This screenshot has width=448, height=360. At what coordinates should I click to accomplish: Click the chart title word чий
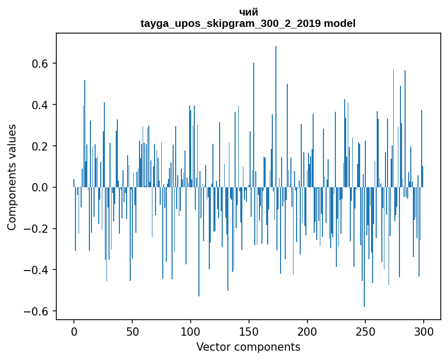pos(249,12)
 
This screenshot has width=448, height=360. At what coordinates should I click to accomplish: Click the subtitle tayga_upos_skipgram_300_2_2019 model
pos(248,23)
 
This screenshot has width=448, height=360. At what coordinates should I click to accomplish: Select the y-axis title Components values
pos(12,177)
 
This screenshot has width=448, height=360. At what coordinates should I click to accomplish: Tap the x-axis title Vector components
pos(248,347)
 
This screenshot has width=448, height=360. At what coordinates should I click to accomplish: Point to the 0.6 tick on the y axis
pos(40,64)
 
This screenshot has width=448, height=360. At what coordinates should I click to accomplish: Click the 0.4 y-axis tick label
pos(40,105)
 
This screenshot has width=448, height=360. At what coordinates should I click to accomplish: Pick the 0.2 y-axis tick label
pos(40,146)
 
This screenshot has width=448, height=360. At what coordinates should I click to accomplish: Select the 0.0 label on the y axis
pos(40,187)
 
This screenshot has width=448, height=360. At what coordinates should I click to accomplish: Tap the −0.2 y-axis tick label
pos(37,229)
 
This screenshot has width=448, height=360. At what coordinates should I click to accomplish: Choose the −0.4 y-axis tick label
pos(37,270)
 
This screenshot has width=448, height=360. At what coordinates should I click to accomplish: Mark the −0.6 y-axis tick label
pos(37,311)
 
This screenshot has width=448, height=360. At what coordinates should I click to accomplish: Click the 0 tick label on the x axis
pos(74,331)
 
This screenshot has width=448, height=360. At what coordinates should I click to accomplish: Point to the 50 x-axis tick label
pos(132,331)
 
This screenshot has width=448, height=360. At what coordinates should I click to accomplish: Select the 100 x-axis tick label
pos(191,331)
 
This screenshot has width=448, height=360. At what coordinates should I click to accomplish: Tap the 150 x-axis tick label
pos(249,331)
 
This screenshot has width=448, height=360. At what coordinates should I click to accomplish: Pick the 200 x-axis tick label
pos(307,331)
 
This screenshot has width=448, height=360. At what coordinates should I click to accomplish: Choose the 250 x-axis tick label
pos(366,331)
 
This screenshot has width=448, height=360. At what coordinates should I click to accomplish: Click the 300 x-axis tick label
pos(424,331)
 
